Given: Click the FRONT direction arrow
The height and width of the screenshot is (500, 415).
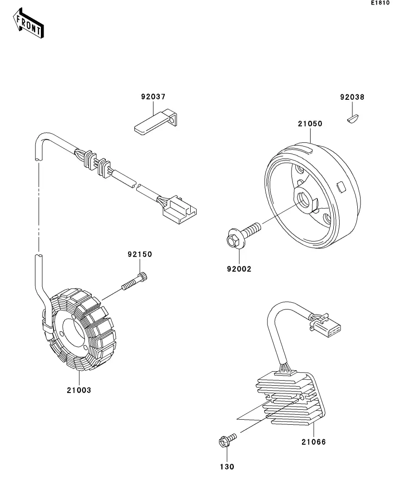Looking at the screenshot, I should point(29,25).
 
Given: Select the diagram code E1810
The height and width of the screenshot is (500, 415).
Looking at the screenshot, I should point(380,3).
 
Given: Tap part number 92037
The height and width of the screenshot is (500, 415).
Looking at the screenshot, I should point(153,97).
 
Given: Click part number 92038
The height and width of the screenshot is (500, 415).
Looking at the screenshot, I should point(352,97).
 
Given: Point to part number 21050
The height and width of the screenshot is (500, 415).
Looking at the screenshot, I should point(310,123).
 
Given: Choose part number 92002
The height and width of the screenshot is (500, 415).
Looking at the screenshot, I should point(239,269).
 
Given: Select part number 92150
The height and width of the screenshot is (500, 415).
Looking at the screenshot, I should point(140,255).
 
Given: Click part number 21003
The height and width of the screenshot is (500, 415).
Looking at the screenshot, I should point(79,390).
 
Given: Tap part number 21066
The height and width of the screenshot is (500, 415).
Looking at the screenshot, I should point(313,442).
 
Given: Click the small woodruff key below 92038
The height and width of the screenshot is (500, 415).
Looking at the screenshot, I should point(352,119).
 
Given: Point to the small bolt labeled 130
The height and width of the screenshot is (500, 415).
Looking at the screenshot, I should point(227,440).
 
